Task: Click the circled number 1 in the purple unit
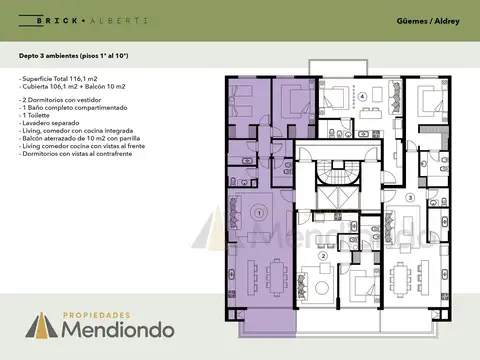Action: [x=258, y=212]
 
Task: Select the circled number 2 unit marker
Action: [x=322, y=256]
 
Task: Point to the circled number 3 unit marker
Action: [x=410, y=198]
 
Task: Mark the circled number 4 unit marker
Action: [x=363, y=97]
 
